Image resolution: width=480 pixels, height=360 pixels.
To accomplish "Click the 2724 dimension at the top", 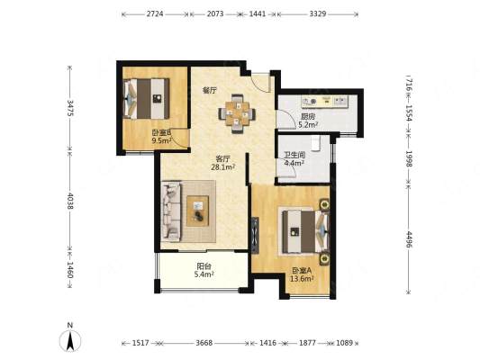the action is coord(155,14).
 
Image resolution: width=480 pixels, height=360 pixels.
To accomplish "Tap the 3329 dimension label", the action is coord(318,14).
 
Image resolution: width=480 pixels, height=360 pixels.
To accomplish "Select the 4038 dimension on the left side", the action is coord(70,201).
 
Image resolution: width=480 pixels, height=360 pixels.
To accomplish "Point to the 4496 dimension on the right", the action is coord(409,239).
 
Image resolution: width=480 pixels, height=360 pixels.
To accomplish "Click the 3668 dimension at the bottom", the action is coord(204,343).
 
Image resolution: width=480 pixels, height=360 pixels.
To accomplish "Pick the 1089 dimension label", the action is coord(344,343).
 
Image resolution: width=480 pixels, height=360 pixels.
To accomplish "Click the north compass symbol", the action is coord(70,338).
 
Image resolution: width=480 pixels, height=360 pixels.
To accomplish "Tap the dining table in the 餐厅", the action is coord(237,114).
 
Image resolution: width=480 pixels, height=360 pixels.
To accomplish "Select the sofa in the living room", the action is coord(171,211).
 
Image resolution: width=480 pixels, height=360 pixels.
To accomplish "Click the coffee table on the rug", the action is coord(198,211).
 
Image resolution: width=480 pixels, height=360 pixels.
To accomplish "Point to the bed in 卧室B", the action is coord(146,98).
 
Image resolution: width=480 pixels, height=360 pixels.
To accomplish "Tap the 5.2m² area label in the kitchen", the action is coord(308,125).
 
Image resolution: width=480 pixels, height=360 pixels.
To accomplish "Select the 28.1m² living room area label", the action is coord(223,167).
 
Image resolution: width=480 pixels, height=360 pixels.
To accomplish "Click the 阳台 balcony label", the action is coord(204,266).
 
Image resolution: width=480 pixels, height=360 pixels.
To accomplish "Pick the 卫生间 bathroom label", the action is coord(294,155).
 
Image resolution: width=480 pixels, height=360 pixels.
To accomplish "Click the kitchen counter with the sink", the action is coord(325,102).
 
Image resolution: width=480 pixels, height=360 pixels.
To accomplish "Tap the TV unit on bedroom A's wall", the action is coord(255,235).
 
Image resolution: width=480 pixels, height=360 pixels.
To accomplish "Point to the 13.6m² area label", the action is coord(302,279).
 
